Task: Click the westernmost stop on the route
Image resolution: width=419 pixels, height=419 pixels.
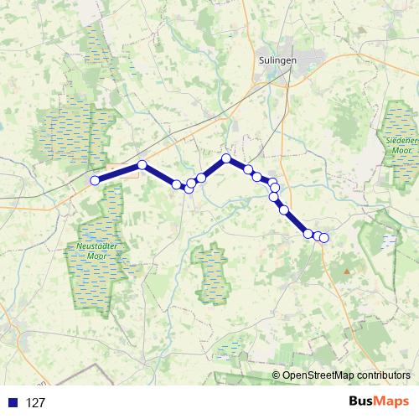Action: click(x=96, y=180)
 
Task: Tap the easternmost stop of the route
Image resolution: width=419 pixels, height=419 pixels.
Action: click(x=324, y=238)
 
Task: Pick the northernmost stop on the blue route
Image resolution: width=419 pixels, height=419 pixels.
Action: click(x=226, y=158)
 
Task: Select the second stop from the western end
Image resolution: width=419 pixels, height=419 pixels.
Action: click(x=142, y=165)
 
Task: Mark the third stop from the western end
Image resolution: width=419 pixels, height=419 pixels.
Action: click(x=177, y=184)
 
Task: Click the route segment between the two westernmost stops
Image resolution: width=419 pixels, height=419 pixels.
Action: click(x=119, y=173)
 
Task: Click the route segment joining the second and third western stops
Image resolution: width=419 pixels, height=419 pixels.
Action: click(x=159, y=174)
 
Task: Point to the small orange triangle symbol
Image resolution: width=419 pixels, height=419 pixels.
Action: click(x=344, y=272)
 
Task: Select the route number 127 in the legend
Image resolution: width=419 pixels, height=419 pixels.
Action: click(x=35, y=403)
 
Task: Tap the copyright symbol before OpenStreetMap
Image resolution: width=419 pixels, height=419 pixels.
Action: click(x=277, y=375)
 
